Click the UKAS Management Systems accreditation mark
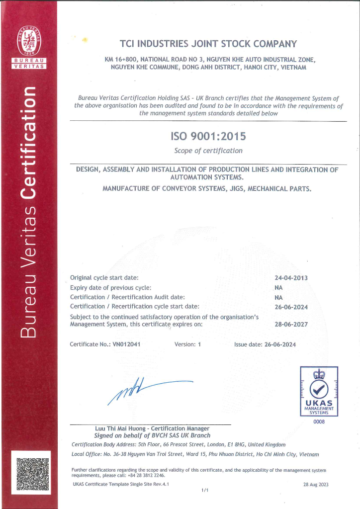coord(319,391)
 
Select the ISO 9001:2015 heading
coord(208,135)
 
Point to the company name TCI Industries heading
coord(208,44)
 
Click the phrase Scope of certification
coord(208,151)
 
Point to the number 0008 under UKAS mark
coord(318,422)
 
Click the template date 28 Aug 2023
coord(316,485)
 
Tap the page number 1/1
coord(204,490)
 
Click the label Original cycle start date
coord(104,277)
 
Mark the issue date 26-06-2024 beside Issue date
coord(280,344)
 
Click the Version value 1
coord(199,344)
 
